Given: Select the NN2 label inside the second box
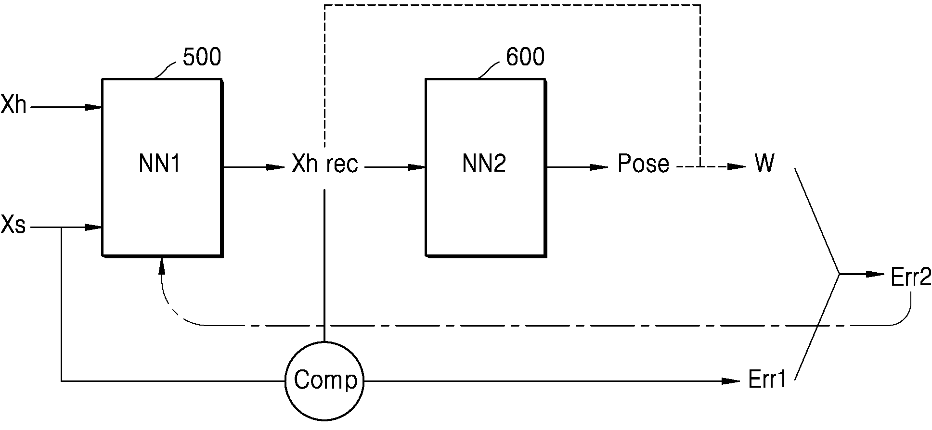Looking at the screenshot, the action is [484, 164].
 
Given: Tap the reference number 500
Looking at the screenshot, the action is [202, 57].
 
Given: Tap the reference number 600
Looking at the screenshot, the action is [525, 57].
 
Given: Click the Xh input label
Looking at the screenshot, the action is [13, 105].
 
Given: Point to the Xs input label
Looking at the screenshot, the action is [13, 225].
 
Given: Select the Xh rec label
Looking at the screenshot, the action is [325, 164].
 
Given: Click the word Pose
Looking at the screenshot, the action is [643, 164].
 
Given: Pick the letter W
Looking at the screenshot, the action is [764, 164].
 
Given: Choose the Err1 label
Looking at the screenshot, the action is [767, 380].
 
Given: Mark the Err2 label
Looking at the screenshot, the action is [911, 278].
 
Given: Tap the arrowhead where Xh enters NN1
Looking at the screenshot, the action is [93, 107].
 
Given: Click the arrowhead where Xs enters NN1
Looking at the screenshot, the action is [93, 227].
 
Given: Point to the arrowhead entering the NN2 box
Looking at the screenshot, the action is [417, 167].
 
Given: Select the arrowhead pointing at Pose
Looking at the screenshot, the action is [600, 167].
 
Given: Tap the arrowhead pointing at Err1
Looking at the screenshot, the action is [731, 381].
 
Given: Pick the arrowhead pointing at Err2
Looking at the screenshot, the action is [876, 275].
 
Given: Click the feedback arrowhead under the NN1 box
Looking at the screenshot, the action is [162, 266].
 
